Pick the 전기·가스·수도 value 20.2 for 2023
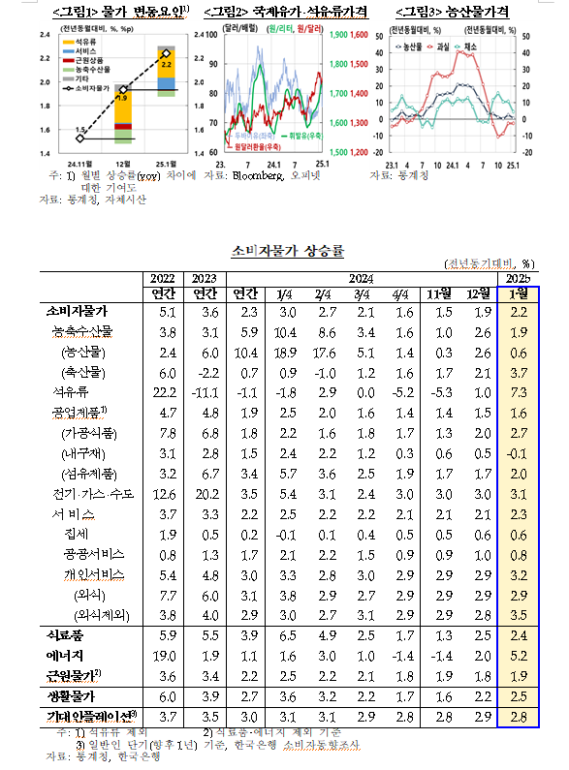pyautogui.click(x=205, y=493)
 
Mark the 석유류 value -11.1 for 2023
pyautogui.click(x=205, y=392)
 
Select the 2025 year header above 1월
pyautogui.click(x=516, y=279)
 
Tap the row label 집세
pyautogui.click(x=78, y=534)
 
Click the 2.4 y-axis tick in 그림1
pyautogui.click(x=44, y=34)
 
